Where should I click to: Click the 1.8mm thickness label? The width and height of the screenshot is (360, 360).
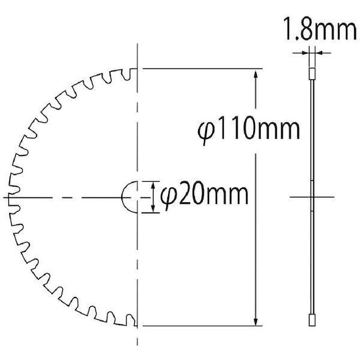pyautogui.click(x=320, y=29)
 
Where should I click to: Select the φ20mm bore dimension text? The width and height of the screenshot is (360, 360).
pyautogui.click(x=204, y=196)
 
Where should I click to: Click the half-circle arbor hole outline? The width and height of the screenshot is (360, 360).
pyautogui.click(x=122, y=197)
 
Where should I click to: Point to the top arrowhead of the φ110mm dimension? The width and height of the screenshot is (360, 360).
pyautogui.click(x=256, y=75)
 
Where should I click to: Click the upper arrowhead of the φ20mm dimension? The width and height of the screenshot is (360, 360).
pyautogui.click(x=153, y=185)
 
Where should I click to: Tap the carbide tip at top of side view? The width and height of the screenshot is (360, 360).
pyautogui.click(x=312, y=74)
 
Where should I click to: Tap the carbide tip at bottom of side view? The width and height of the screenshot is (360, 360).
pyautogui.click(x=312, y=320)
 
